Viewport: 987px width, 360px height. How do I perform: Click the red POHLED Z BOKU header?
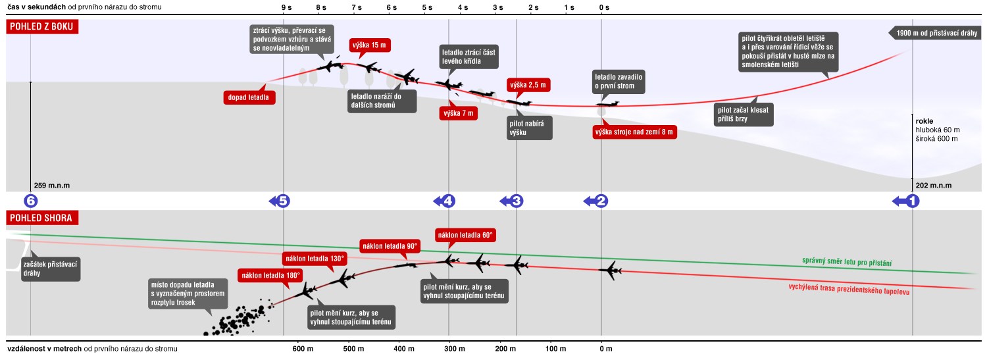pyautogui.click(x=43, y=26)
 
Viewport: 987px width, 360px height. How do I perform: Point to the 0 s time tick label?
pyautogui.click(x=604, y=7)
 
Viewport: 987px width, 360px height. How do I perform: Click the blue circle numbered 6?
pyautogui.click(x=30, y=201)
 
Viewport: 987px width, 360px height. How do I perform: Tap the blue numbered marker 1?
pyautogui.click(x=912, y=201)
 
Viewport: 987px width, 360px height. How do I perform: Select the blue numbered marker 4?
pyautogui.click(x=447, y=201)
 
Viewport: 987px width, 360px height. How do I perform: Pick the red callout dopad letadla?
pyautogui.click(x=251, y=97)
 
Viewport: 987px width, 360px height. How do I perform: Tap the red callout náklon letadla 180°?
pyautogui.click(x=271, y=275)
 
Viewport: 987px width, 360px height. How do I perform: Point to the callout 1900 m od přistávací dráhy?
pyautogui.click(x=937, y=33)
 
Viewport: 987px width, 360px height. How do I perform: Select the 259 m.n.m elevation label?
pyautogui.click(x=51, y=186)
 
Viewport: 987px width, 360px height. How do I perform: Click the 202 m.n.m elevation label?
pyautogui.click(x=933, y=186)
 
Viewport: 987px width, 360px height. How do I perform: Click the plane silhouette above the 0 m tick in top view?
pyautogui.click(x=611, y=270)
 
